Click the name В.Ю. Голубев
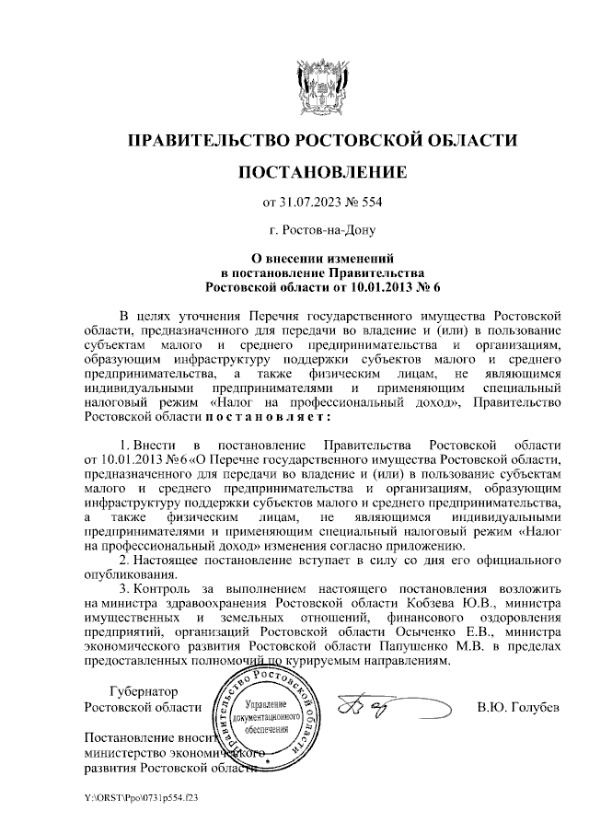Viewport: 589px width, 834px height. coord(517,708)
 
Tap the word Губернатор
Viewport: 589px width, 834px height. coord(144,692)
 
